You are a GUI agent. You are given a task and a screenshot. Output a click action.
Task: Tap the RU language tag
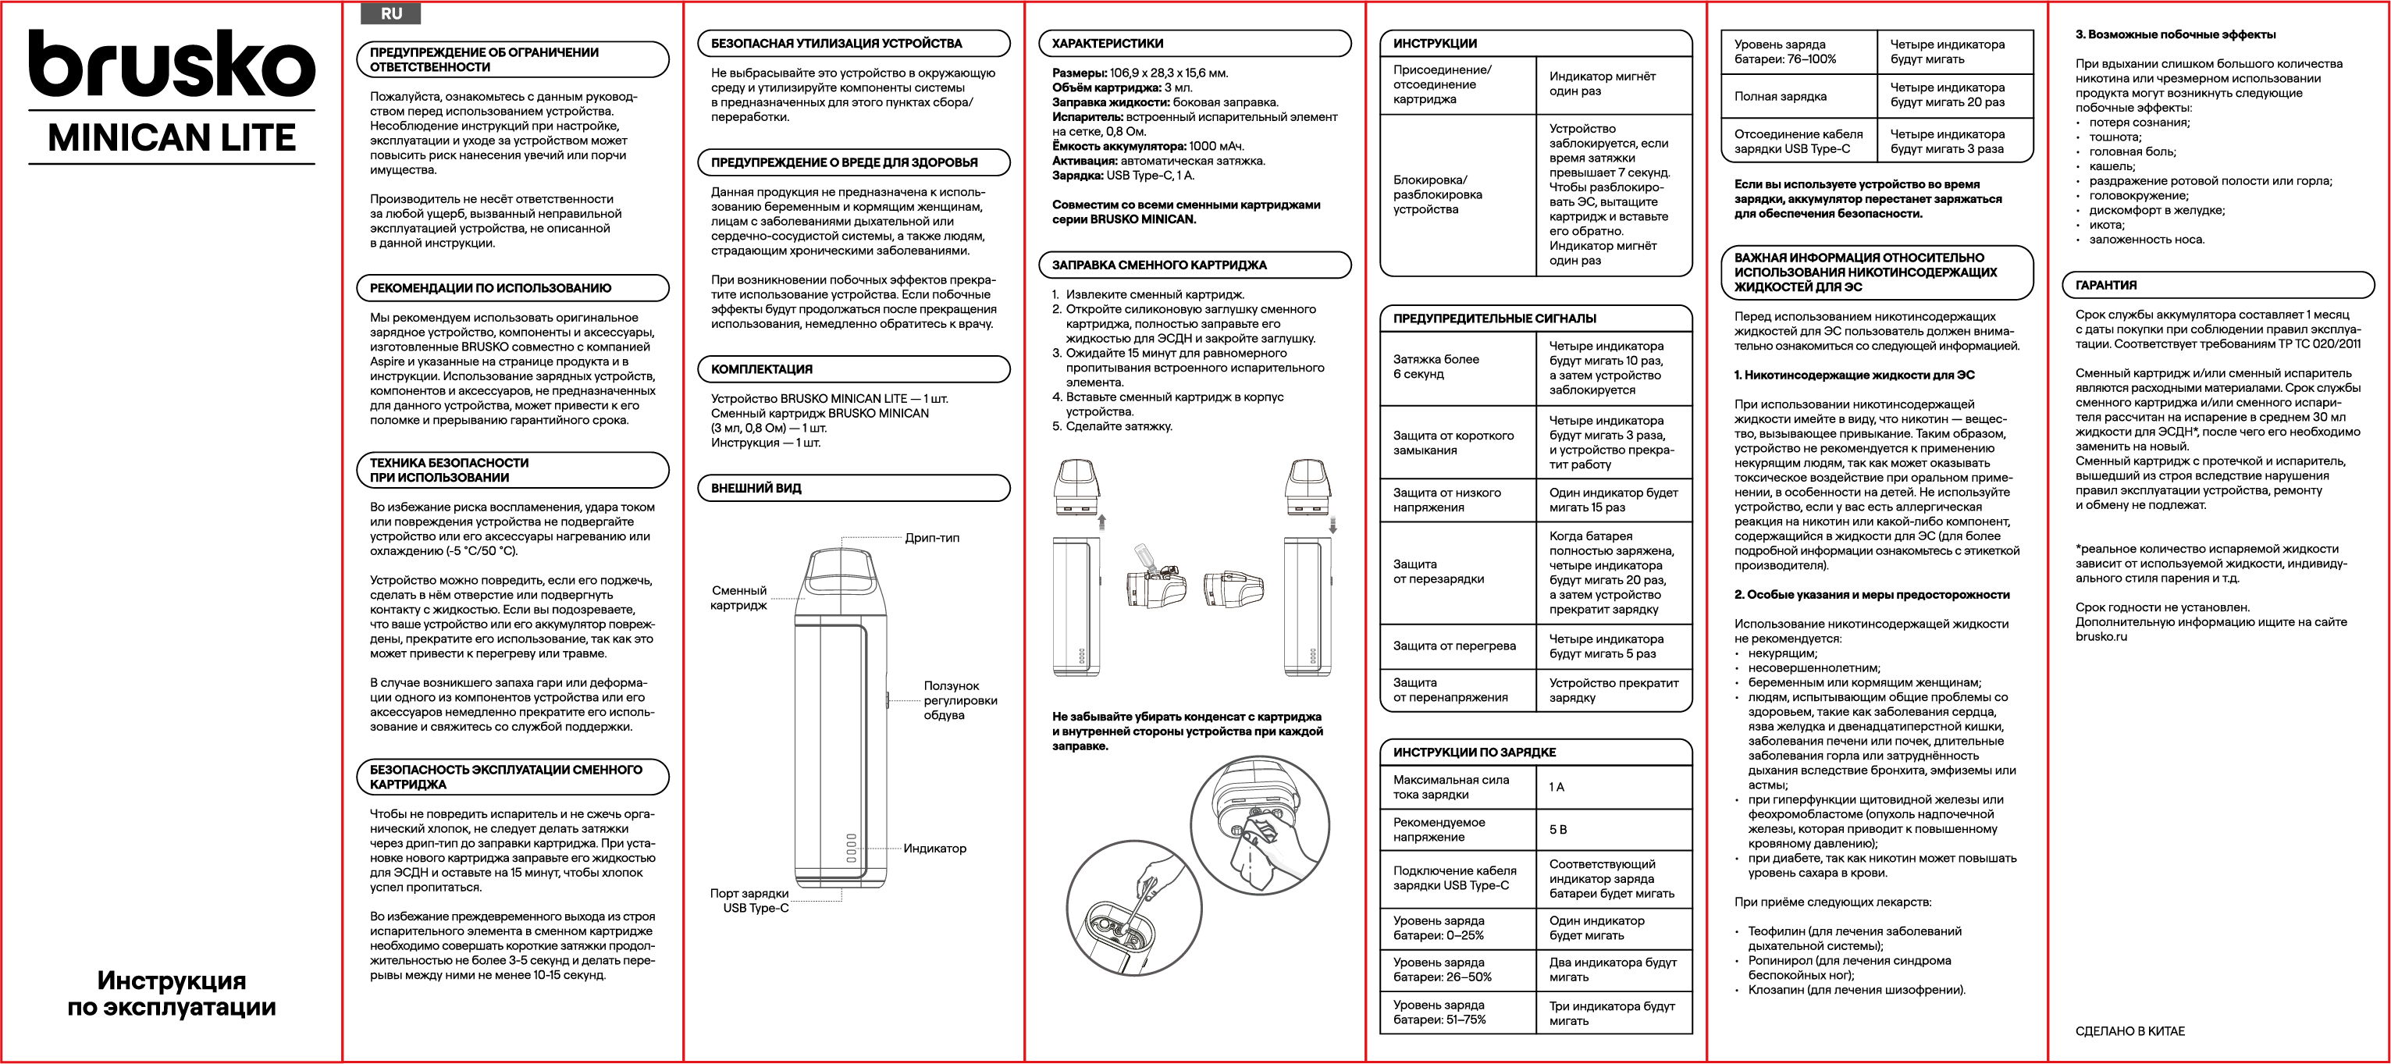391,14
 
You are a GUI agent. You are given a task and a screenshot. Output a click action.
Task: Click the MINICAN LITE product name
172,138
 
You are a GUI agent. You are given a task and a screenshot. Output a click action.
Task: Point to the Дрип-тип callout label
932,538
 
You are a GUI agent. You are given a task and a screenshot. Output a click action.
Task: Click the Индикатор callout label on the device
934,848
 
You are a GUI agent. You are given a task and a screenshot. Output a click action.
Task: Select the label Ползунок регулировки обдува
959,700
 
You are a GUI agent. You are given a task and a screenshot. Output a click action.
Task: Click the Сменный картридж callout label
738,598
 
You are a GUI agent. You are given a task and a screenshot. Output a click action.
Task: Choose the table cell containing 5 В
1557,830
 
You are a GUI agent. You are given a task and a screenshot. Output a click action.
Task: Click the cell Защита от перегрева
1454,646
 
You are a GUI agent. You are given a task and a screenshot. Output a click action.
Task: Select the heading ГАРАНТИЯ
2106,285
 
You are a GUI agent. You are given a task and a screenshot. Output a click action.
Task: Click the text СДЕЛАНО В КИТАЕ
2130,1030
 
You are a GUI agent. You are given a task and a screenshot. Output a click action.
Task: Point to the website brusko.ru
2101,637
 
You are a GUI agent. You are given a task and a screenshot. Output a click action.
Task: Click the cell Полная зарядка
1781,97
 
